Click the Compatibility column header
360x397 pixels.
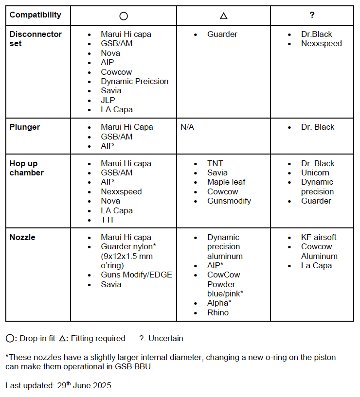click(x=36, y=15)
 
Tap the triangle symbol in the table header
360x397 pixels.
click(x=223, y=16)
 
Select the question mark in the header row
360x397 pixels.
click(x=312, y=15)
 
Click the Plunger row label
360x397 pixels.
click(x=25, y=127)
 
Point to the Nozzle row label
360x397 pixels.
click(x=22, y=238)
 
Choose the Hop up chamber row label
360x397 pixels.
click(x=27, y=168)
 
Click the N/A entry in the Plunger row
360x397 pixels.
click(x=187, y=127)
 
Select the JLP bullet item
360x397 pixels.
click(x=108, y=100)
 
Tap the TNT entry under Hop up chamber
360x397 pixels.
click(x=215, y=164)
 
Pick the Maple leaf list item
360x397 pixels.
click(x=226, y=182)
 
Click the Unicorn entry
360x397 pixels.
click(x=315, y=173)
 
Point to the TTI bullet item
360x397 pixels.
click(x=107, y=220)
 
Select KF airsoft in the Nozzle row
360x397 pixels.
click(x=319, y=238)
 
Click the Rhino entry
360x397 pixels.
click(x=218, y=312)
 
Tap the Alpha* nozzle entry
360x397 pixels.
click(x=219, y=303)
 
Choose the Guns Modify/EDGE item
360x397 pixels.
click(x=136, y=275)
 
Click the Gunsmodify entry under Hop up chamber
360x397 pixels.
click(x=229, y=201)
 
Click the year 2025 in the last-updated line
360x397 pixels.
click(x=101, y=386)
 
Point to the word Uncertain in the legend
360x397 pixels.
click(x=166, y=338)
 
